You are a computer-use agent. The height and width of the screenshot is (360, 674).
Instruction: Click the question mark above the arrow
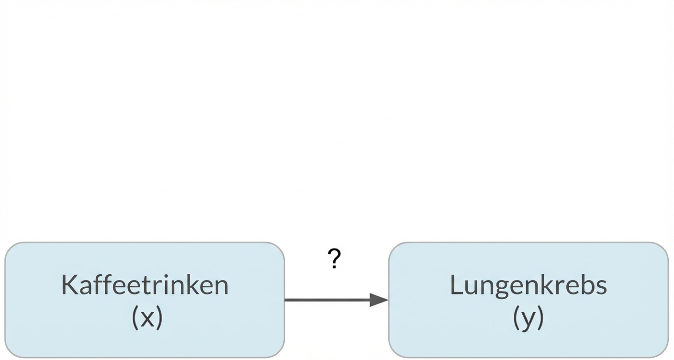(335, 259)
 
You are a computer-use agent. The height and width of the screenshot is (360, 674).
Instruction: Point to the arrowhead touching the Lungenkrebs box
(379, 300)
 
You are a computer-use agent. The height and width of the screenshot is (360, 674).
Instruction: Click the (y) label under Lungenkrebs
(528, 318)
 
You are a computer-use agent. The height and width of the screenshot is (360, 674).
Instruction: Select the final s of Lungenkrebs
(601, 286)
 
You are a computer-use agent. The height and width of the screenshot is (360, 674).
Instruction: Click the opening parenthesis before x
(135, 317)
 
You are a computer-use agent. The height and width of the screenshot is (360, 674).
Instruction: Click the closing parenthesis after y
(541, 318)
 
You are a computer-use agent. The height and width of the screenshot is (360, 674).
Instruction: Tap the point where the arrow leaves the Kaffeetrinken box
(285, 300)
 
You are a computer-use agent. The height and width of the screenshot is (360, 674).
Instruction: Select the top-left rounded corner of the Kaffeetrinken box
(11, 247)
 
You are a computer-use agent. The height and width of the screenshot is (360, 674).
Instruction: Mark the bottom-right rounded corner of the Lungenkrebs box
(663, 352)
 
